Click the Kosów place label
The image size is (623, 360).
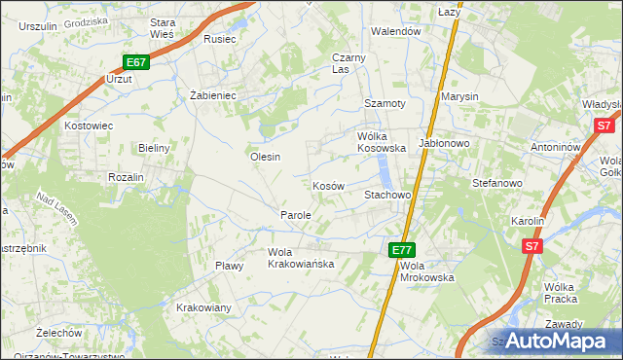click(x=328, y=185)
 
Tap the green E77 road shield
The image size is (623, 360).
click(x=403, y=250)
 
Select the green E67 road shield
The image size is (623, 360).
click(x=135, y=62)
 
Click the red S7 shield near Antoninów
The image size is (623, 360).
click(x=605, y=126)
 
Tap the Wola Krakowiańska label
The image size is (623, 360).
click(x=301, y=258)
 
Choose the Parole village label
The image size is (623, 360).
click(x=295, y=214)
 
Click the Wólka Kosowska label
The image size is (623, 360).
click(x=382, y=142)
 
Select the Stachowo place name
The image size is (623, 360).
click(x=387, y=195)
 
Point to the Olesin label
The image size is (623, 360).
click(x=265, y=157)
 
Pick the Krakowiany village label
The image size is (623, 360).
click(x=203, y=307)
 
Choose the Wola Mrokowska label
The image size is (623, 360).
click(x=426, y=270)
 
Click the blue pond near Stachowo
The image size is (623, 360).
click(x=387, y=173)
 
